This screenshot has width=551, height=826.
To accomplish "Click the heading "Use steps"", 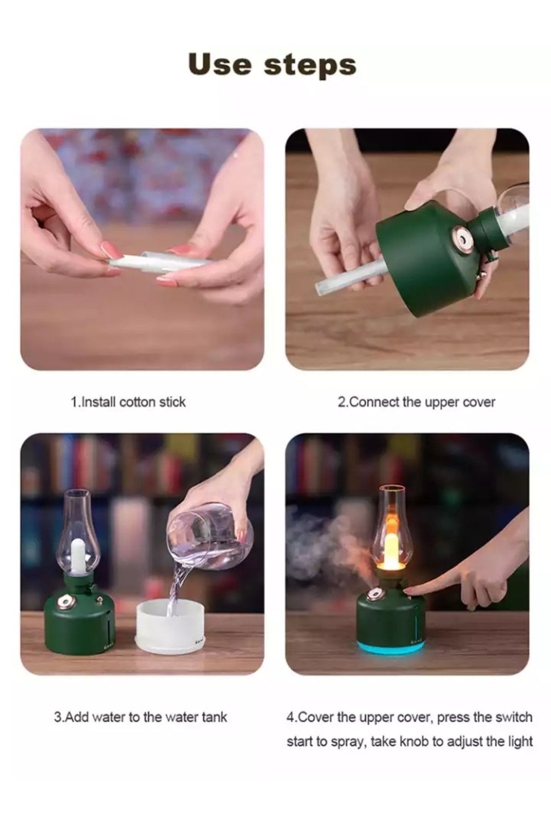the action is point(272,65).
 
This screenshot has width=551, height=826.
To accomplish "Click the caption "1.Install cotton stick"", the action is point(128,402).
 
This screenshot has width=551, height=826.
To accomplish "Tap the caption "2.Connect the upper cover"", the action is point(416,402).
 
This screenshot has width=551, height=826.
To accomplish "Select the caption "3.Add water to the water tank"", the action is point(141,717).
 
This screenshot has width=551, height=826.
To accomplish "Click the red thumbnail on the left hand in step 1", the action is point(112,250).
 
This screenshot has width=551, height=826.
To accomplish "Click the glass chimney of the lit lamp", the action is point(392,528).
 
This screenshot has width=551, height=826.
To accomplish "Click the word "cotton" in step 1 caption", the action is point(137,402).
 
